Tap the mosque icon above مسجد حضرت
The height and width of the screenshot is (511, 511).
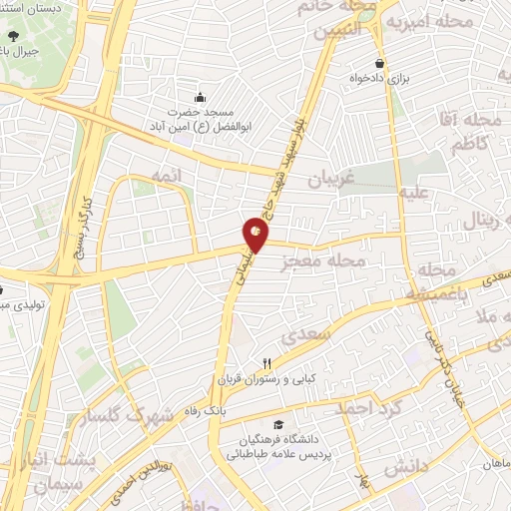[200, 97]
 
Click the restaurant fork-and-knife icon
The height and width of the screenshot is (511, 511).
[265, 364]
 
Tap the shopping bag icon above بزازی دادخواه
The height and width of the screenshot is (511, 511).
[378, 62]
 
